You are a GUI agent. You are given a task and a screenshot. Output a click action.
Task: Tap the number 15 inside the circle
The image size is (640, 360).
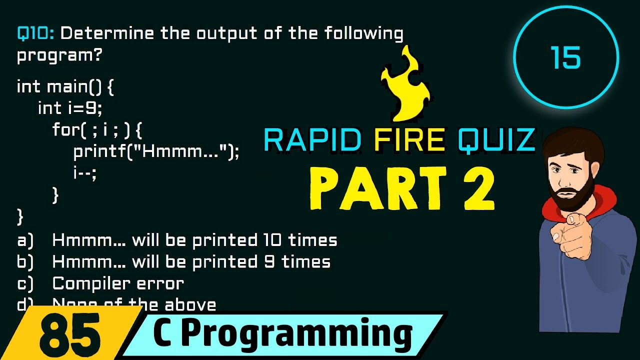[x=566, y=58]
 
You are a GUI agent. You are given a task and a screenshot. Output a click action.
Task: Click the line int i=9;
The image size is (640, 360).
[x=70, y=108]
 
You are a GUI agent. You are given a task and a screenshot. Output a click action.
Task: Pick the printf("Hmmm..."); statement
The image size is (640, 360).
[x=156, y=151]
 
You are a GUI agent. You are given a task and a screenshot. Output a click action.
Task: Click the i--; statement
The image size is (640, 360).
[x=84, y=173]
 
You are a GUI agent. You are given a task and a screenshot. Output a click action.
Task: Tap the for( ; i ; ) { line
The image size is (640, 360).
[x=97, y=130]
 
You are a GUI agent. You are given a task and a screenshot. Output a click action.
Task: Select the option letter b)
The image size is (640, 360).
[x=25, y=262]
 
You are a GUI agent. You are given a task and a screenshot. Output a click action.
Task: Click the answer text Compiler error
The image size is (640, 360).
[x=118, y=283]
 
